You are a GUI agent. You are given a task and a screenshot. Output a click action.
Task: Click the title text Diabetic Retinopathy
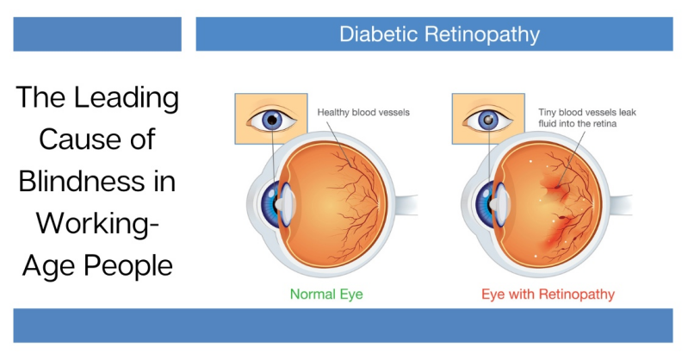[439, 34]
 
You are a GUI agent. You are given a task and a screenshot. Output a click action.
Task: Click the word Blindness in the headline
[82, 182]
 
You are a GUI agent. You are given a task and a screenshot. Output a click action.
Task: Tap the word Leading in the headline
[127, 98]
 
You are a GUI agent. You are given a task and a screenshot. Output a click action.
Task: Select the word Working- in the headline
[97, 224]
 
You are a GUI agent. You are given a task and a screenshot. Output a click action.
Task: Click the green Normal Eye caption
[326, 295]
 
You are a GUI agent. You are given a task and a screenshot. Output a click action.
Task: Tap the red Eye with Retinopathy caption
[548, 295]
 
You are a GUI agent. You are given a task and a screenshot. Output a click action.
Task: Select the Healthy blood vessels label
[363, 112]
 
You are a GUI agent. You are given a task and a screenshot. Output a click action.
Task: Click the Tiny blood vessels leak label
[587, 112]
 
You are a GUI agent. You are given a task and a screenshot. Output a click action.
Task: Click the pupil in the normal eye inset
[272, 120]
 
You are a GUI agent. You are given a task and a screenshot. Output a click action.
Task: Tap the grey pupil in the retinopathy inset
[488, 120]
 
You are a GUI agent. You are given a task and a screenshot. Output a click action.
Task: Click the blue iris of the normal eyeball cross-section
[269, 205]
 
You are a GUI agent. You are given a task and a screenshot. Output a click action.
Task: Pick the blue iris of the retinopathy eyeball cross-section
[484, 205]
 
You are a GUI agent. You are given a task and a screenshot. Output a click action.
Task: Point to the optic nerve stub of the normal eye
[406, 205]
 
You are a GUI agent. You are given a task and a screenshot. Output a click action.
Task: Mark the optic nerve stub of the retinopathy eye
[621, 205]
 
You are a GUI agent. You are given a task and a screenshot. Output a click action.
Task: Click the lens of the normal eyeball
[288, 205]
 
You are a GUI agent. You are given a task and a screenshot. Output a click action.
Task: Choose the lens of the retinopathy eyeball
[502, 205]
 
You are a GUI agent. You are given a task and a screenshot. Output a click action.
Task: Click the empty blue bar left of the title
[97, 34]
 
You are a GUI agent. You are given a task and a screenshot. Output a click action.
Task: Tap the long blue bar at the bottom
[343, 326]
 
